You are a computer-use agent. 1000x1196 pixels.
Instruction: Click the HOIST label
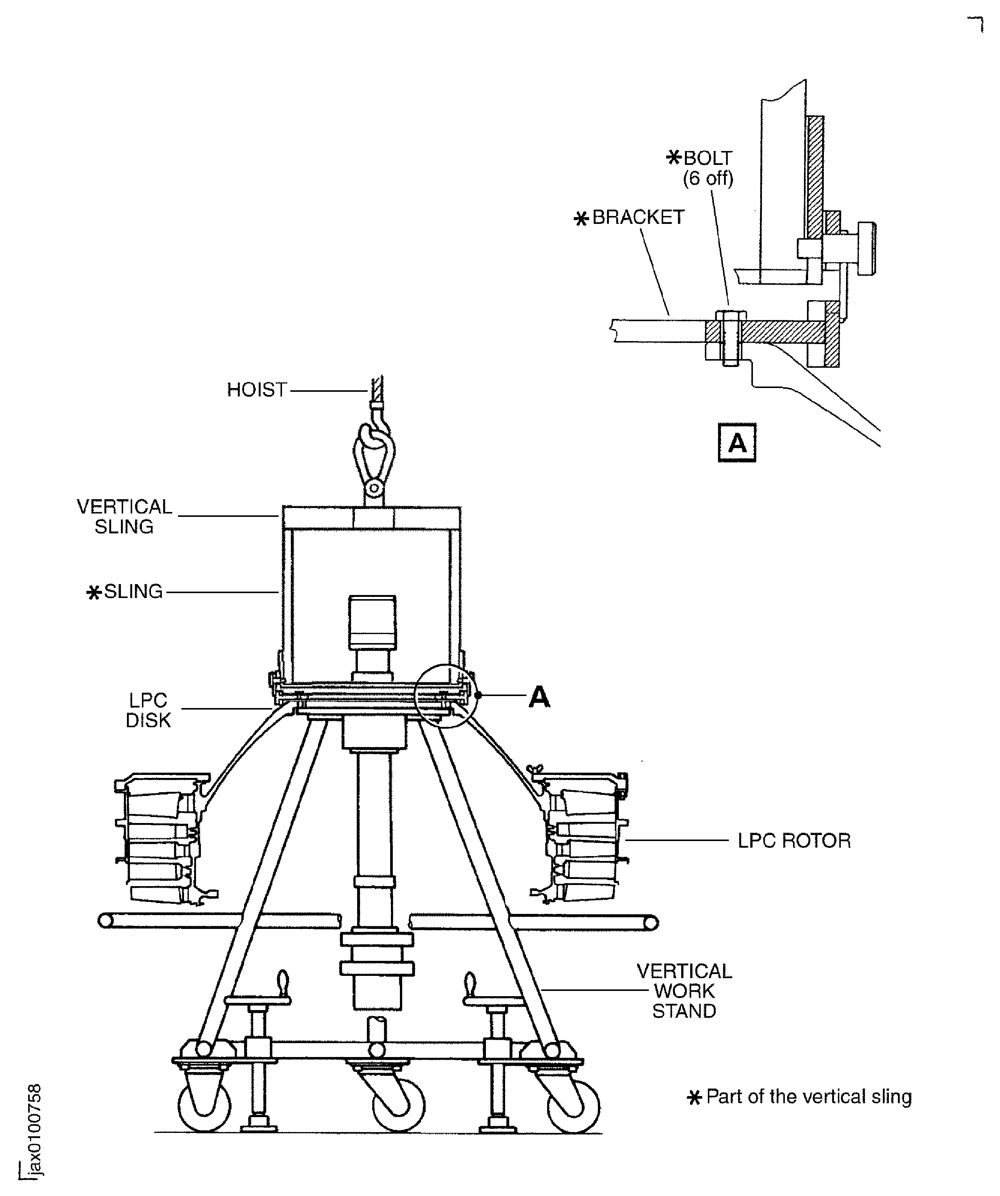[x=256, y=390]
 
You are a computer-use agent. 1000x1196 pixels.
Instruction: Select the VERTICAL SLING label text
[x=124, y=516]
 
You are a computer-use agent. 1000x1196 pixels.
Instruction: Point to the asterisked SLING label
[x=125, y=592]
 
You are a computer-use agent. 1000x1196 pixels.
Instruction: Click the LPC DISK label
[x=148, y=710]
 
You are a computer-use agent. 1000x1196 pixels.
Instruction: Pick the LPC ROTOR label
[x=794, y=841]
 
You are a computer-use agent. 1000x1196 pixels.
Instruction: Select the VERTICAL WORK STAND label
[x=684, y=991]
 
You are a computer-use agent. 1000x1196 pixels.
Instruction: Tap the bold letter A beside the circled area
[x=539, y=696]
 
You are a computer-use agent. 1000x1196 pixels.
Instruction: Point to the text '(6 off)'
[x=708, y=179]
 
